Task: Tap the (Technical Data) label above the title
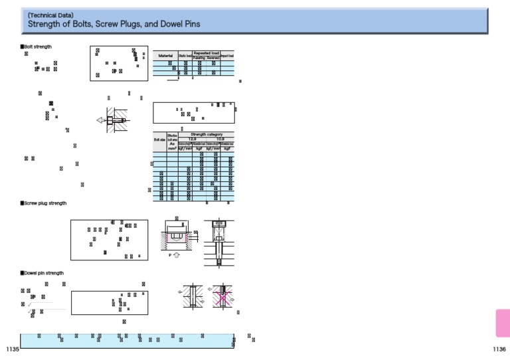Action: coord(50,14)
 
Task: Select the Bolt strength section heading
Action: coord(37,46)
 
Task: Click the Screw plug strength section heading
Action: coord(44,203)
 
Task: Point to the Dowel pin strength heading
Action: coord(43,273)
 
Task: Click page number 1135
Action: coord(11,349)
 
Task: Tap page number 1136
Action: coord(499,349)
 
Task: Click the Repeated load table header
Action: coord(206,52)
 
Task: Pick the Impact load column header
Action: coord(227,56)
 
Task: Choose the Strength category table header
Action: coord(205,134)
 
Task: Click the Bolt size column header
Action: coord(159,140)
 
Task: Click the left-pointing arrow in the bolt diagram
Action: coord(100,120)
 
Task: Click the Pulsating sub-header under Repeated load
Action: coord(199,58)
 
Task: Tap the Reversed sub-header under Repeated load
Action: coord(213,58)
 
